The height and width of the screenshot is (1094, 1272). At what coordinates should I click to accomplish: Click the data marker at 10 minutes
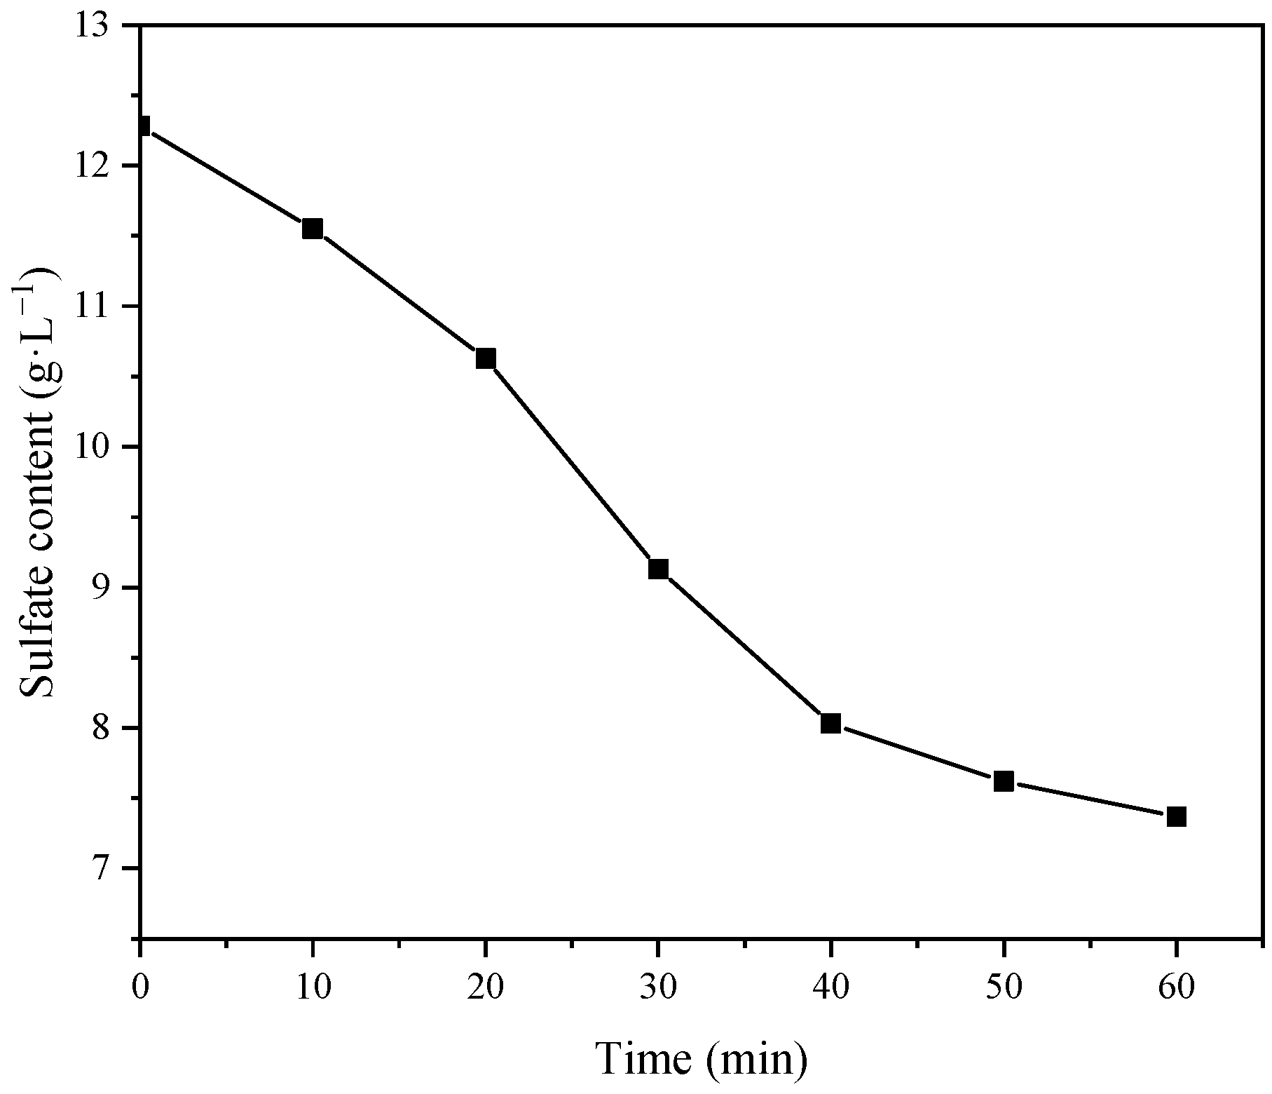pos(312,229)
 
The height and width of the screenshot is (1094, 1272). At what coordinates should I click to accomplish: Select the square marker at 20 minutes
pos(485,358)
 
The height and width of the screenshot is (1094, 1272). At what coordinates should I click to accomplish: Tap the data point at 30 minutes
pos(658,569)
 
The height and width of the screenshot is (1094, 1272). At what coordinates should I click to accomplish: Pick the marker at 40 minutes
pos(830,723)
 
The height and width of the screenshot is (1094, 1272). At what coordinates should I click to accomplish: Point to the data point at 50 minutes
pos(1004,781)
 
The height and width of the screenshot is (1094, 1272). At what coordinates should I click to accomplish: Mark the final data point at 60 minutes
pos(1176,816)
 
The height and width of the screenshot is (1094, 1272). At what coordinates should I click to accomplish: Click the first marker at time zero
pos(142,126)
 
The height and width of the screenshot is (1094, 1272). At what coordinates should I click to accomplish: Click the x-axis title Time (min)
pos(702,1058)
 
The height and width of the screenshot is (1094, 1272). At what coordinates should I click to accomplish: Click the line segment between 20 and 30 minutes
pos(571,464)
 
